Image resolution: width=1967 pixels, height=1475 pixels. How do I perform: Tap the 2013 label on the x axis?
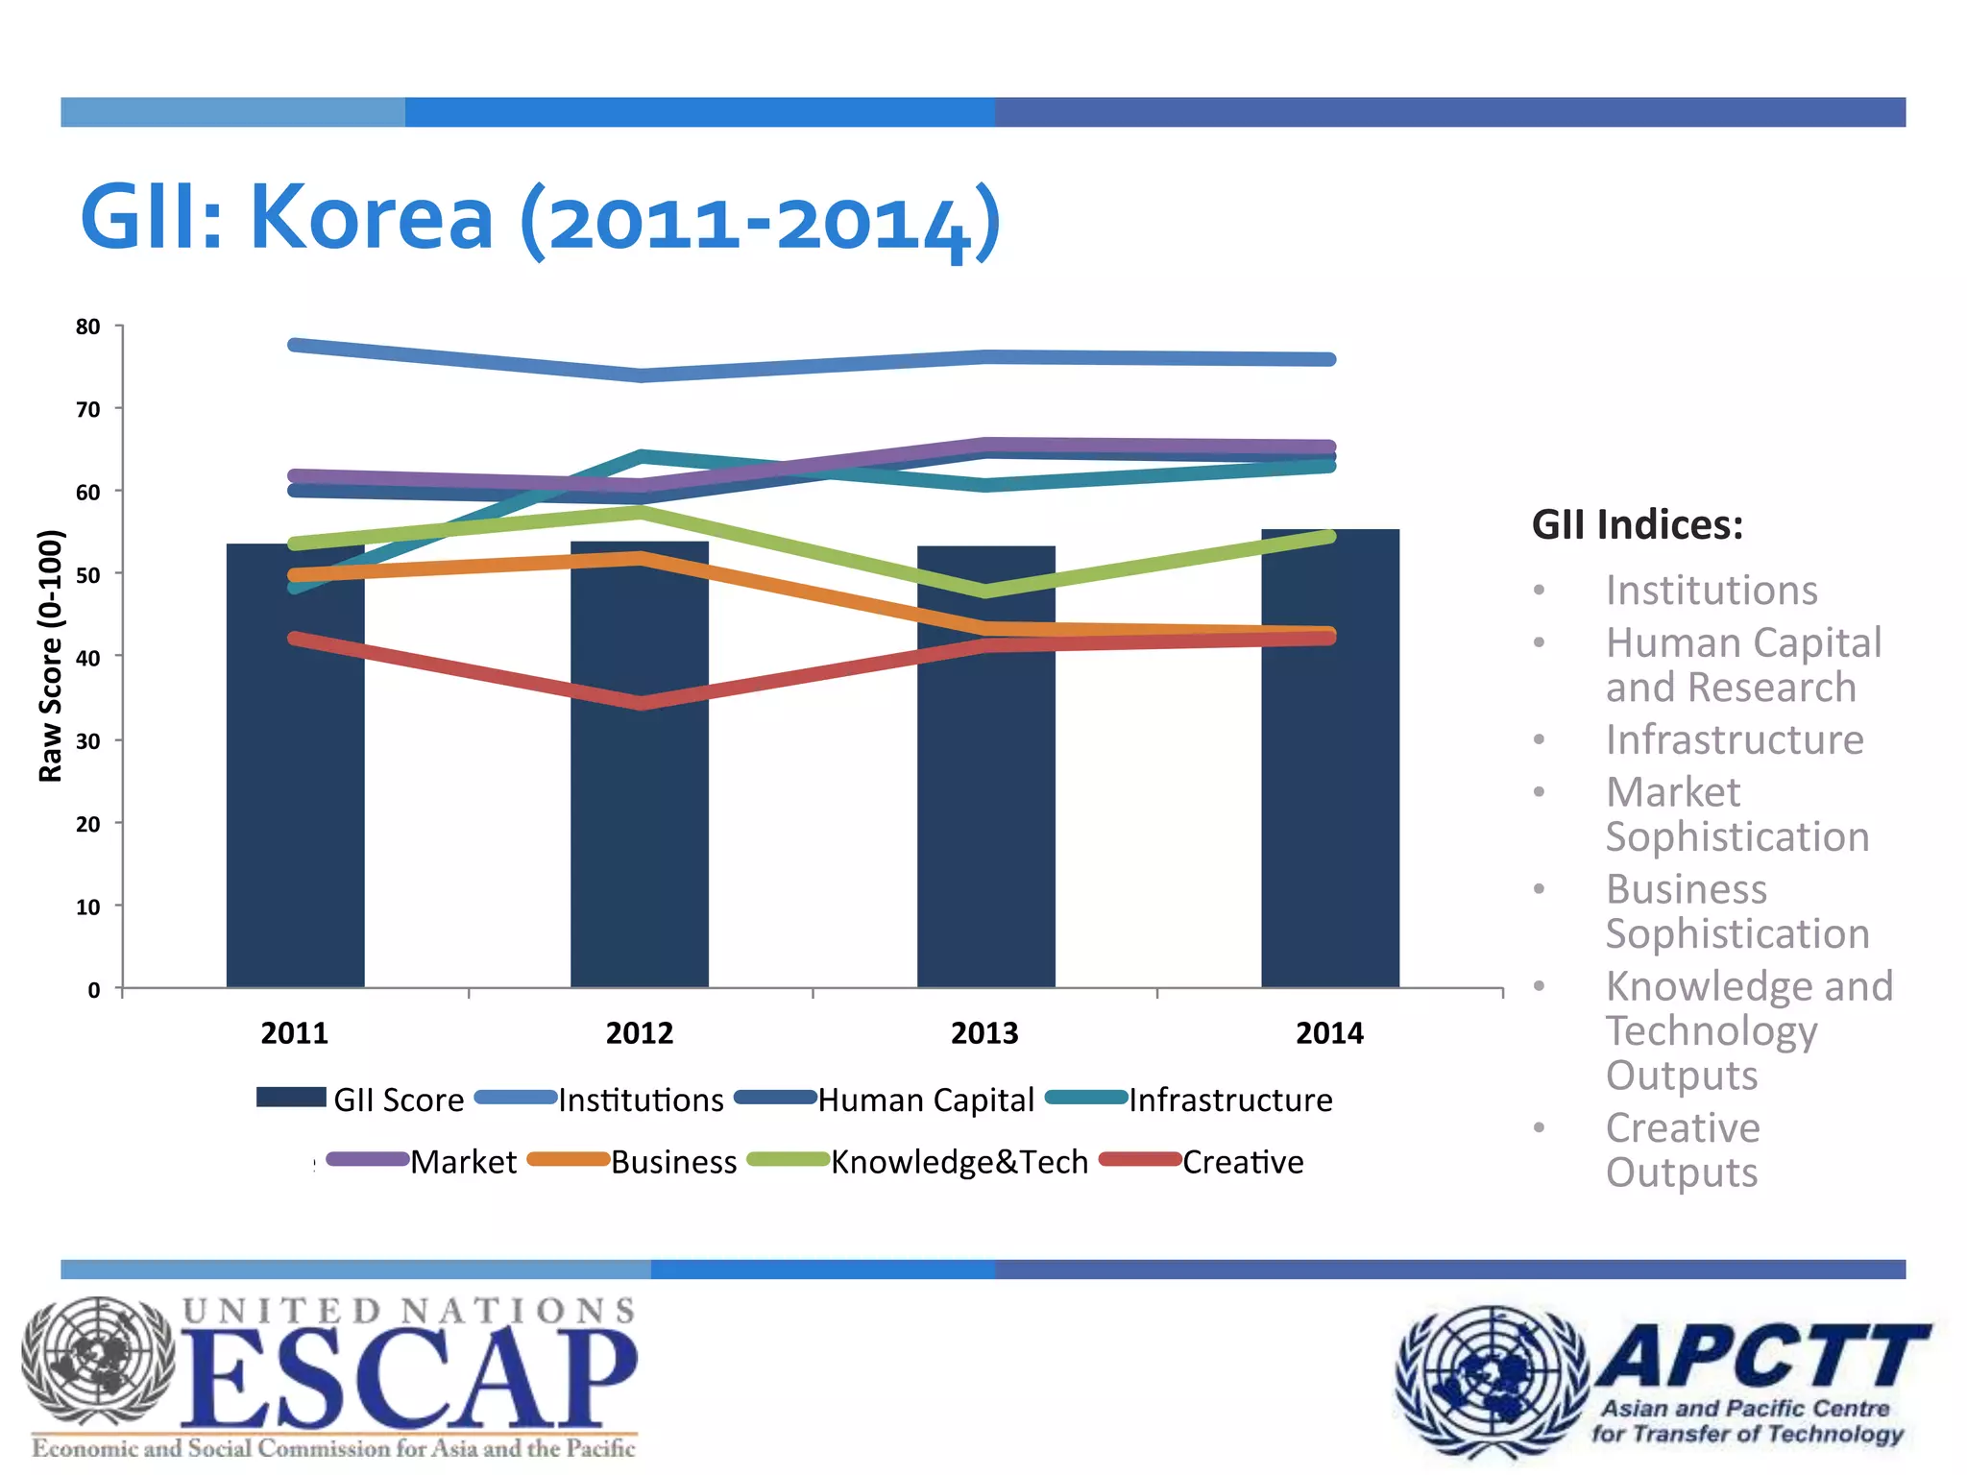point(984,1033)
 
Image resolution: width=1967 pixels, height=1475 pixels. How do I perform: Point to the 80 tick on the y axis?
point(87,326)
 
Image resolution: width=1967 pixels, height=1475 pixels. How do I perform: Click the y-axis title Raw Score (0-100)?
point(50,656)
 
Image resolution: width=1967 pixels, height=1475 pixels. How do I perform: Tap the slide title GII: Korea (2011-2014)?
point(540,219)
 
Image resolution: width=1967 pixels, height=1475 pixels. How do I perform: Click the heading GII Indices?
point(1638,525)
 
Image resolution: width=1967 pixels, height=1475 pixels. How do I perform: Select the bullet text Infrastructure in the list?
point(1735,739)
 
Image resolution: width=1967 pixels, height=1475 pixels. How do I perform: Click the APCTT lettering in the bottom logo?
point(1762,1356)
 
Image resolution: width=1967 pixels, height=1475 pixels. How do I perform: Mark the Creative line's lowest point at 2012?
point(641,703)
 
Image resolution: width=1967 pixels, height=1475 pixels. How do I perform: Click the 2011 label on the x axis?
point(294,1033)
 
